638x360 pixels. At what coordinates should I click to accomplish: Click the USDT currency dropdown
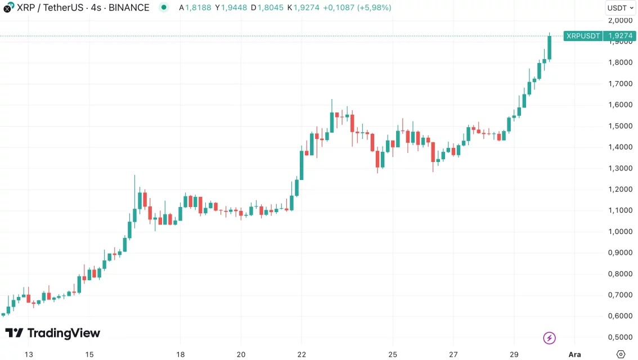pyautogui.click(x=621, y=8)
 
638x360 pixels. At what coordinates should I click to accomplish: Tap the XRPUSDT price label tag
pyautogui.click(x=583, y=36)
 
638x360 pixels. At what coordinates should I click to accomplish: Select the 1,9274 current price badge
pyautogui.click(x=619, y=36)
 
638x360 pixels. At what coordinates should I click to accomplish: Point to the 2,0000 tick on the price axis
pyautogui.click(x=621, y=20)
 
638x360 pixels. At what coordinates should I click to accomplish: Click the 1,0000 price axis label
pyautogui.click(x=621, y=231)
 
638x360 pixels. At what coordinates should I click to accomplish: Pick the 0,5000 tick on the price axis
pyautogui.click(x=621, y=337)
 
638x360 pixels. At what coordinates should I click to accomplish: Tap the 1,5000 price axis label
pyautogui.click(x=621, y=126)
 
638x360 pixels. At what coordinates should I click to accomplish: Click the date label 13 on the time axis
pyautogui.click(x=29, y=354)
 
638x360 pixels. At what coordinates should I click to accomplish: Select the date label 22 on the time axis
pyautogui.click(x=302, y=354)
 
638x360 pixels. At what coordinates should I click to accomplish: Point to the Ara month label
pyautogui.click(x=574, y=354)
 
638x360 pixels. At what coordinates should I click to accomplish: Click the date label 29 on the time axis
pyautogui.click(x=514, y=354)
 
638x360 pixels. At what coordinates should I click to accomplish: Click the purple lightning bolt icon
pyautogui.click(x=550, y=338)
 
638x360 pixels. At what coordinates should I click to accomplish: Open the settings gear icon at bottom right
pyautogui.click(x=621, y=354)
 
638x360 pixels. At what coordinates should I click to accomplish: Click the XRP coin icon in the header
pyautogui.click(x=8, y=8)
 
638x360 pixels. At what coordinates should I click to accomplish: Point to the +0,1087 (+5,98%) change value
pyautogui.click(x=357, y=8)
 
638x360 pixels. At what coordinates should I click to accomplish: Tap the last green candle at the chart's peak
pyautogui.click(x=549, y=47)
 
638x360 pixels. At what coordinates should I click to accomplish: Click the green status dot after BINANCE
pyautogui.click(x=163, y=8)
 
